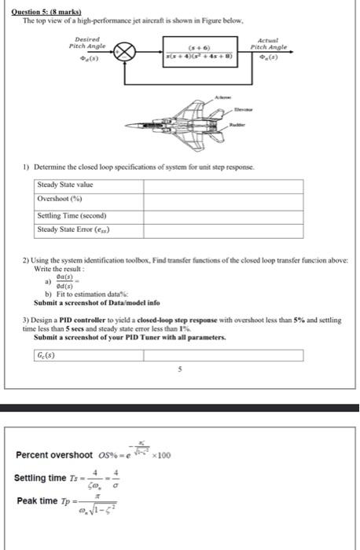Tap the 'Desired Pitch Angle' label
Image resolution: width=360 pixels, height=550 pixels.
pos(87,42)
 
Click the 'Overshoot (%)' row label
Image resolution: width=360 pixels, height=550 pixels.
pos(60,200)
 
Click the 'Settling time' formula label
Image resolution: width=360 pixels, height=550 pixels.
pos(40,478)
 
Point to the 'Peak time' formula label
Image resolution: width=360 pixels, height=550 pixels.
pos(35,502)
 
